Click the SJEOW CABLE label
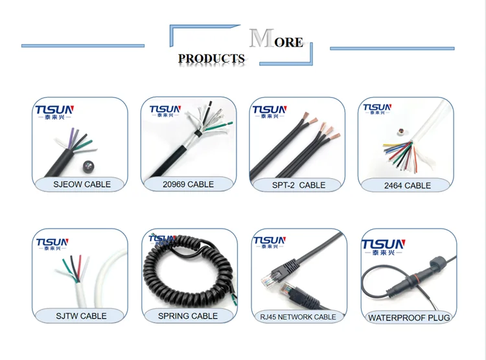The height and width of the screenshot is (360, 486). [80, 184]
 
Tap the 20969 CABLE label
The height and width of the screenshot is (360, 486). [188, 185]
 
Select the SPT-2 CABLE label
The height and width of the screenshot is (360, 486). [298, 185]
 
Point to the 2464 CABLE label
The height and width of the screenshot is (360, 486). [408, 185]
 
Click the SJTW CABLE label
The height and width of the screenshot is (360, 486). [80, 316]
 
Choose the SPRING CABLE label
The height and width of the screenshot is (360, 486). [188, 316]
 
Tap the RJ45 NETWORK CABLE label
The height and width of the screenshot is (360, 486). [297, 317]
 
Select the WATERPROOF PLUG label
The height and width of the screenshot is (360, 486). [408, 317]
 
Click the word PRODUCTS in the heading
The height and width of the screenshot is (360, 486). [211, 58]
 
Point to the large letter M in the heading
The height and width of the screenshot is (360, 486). [260, 39]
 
